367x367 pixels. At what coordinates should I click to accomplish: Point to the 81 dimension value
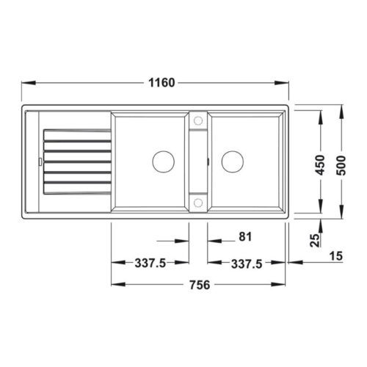pos(246,237)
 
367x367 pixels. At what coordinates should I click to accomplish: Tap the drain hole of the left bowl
pos(161,159)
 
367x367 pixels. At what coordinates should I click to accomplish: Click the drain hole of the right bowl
pos(233,159)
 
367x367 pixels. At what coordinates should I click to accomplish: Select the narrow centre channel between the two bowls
pos(197,159)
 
